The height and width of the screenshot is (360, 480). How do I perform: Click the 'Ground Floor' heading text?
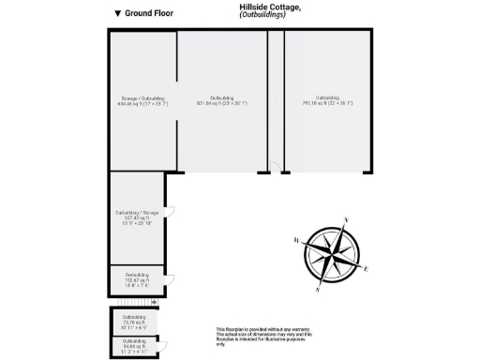click(148, 14)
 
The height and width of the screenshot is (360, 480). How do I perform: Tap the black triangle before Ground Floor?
click(116, 14)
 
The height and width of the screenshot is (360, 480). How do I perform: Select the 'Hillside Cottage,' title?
click(271, 7)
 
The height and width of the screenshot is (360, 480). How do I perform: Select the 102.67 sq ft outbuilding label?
click(136, 278)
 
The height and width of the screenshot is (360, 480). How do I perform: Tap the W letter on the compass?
click(297, 241)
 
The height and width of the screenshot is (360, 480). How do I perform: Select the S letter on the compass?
click(319, 290)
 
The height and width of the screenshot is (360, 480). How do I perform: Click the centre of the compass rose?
click(333, 254)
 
